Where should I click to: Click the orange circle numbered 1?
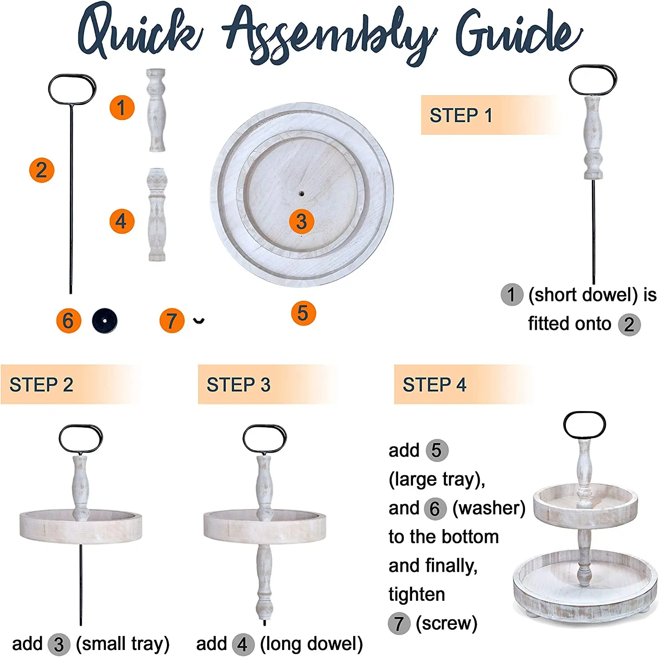(x=122, y=108)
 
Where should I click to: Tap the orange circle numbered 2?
(x=42, y=170)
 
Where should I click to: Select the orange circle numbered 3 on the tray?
(x=301, y=221)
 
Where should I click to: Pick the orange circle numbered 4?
(x=122, y=221)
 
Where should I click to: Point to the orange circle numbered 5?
(x=303, y=313)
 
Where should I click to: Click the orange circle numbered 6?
(x=69, y=321)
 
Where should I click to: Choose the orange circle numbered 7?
(x=172, y=321)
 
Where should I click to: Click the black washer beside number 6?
(x=105, y=321)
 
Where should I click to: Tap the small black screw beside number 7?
(x=199, y=321)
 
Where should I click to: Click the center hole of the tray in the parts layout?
(x=301, y=193)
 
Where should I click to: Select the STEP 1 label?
(x=461, y=116)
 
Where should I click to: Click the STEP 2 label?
(x=41, y=385)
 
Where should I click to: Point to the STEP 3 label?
(x=239, y=385)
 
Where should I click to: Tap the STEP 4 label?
(x=435, y=385)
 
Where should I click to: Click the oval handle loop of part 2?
(x=72, y=89)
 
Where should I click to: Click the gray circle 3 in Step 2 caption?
(x=59, y=645)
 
